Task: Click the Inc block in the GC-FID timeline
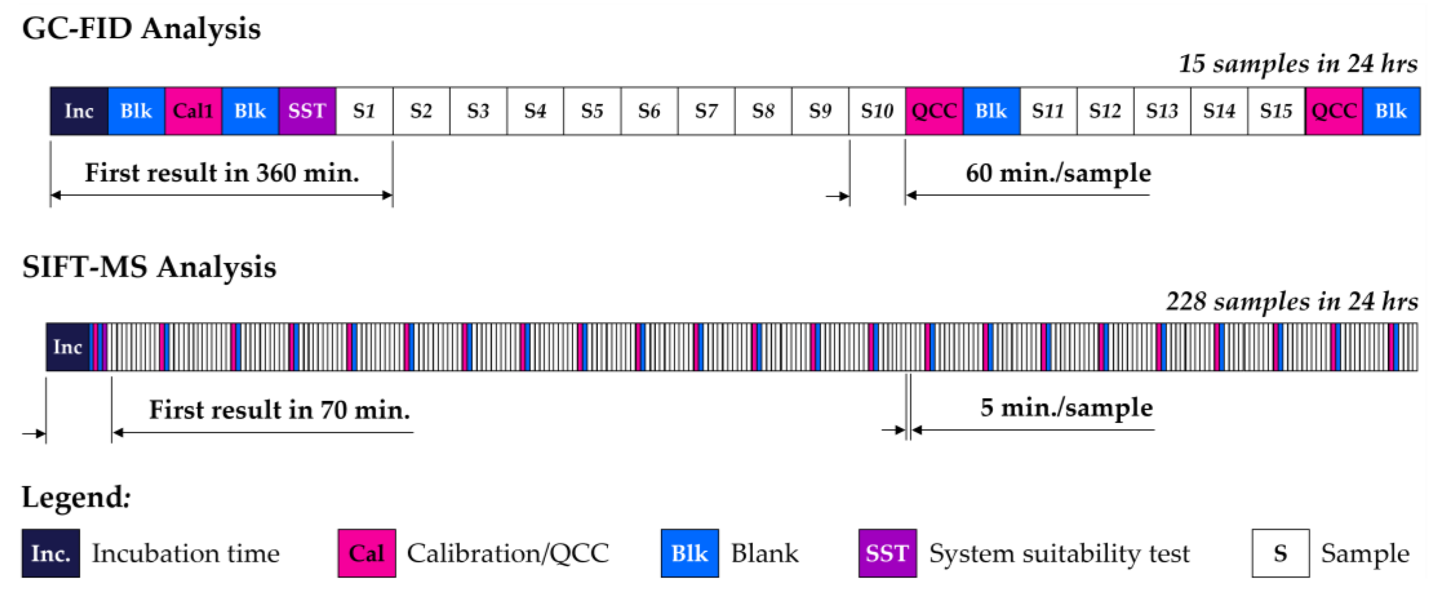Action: click(x=79, y=111)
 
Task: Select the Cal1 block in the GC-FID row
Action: click(x=193, y=111)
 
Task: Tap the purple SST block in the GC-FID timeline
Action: click(x=307, y=111)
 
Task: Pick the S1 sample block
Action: click(x=364, y=111)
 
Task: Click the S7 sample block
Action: click(x=706, y=111)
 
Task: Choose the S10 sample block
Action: click(x=877, y=111)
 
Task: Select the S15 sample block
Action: click(x=1276, y=111)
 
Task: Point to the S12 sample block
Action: click(x=1105, y=111)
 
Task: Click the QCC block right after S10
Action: click(x=934, y=111)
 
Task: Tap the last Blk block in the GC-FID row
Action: click(x=1391, y=111)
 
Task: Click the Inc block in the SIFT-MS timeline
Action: click(x=68, y=347)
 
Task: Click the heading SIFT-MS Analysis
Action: click(x=149, y=267)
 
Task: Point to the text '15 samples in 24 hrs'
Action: click(x=1298, y=64)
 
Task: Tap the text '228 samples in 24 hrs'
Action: click(x=1291, y=302)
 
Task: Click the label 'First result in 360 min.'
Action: click(x=222, y=173)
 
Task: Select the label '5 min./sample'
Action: click(x=1066, y=408)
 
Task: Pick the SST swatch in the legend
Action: click(x=887, y=553)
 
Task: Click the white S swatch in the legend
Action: click(x=1280, y=553)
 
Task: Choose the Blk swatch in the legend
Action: click(x=689, y=553)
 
